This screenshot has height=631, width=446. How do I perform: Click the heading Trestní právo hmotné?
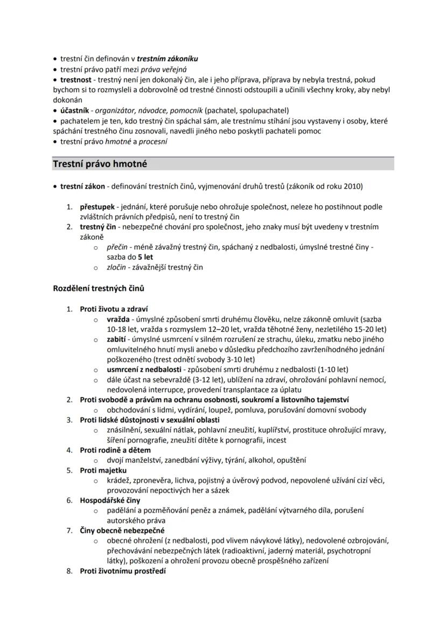click(x=100, y=164)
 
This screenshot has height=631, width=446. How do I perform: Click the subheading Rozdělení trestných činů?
click(x=99, y=288)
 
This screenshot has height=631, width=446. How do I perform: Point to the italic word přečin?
click(x=117, y=247)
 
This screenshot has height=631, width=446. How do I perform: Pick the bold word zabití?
click(x=116, y=339)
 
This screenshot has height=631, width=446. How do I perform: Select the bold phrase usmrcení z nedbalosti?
click(x=143, y=370)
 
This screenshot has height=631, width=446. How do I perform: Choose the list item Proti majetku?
click(x=103, y=470)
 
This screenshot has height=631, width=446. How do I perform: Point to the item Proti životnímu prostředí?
click(x=123, y=571)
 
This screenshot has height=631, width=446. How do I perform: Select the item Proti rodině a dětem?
click(x=115, y=450)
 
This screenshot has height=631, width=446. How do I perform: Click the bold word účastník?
click(x=74, y=110)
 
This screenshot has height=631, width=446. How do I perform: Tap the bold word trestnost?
click(x=75, y=80)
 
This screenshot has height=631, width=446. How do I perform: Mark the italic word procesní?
click(x=153, y=142)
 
